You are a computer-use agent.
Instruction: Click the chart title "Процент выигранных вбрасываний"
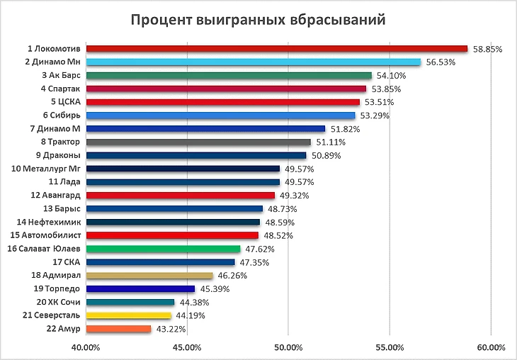point(258,19)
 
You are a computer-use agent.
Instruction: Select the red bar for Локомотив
point(277,49)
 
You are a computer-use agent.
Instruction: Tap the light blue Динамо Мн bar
point(254,62)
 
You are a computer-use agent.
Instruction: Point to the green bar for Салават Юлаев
point(164,249)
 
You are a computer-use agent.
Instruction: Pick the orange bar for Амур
point(119,329)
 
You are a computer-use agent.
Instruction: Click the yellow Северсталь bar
point(129,315)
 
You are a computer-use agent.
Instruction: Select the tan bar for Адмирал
point(149,276)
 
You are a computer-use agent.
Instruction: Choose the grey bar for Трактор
point(198,142)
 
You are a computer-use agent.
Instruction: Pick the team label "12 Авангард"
point(56,196)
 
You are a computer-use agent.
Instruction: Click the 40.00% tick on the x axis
point(86,347)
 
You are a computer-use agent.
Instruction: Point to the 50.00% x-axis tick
point(288,347)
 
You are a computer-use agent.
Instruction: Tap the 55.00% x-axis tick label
point(390,347)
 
